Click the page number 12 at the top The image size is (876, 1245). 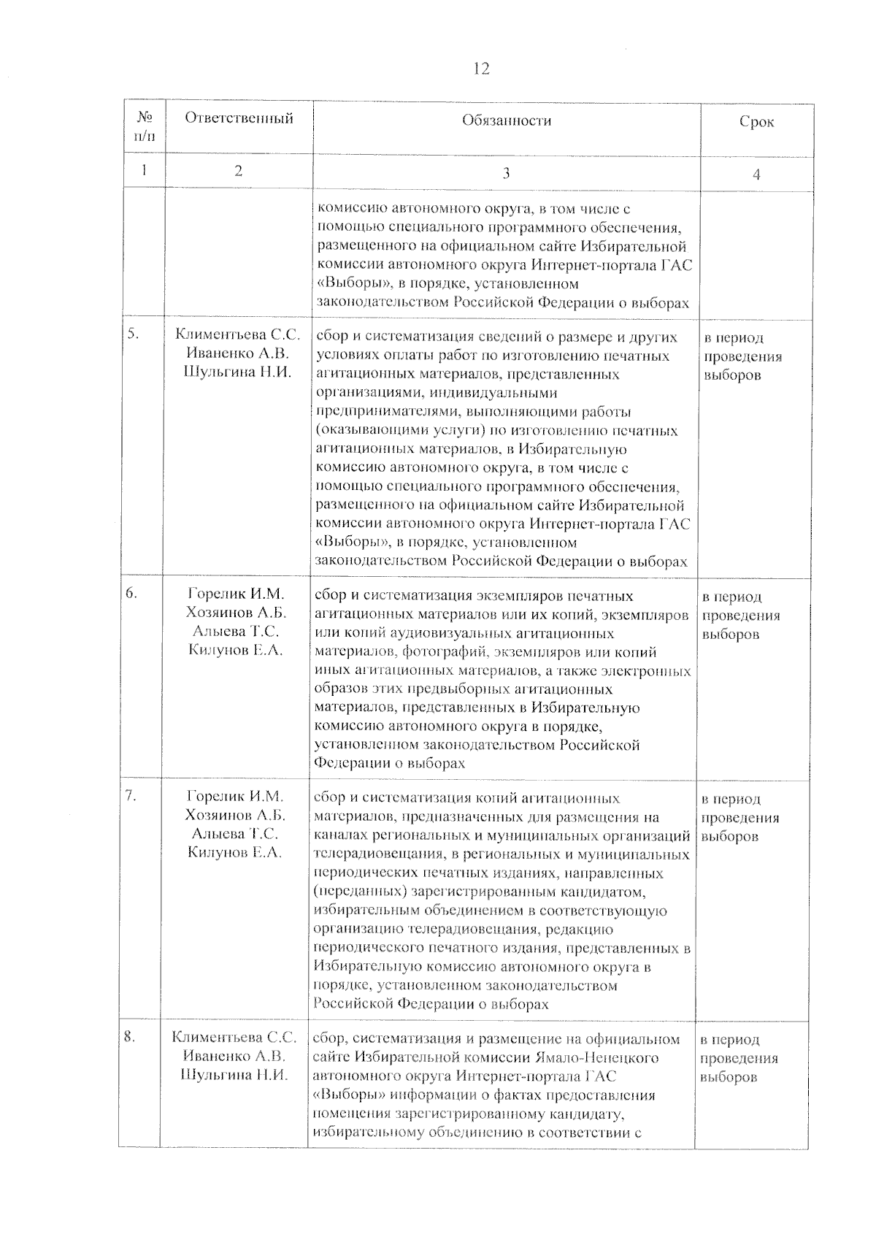[x=480, y=69]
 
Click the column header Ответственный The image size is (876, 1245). [x=239, y=119]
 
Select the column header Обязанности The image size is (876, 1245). [x=506, y=121]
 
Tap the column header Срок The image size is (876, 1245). [x=756, y=123]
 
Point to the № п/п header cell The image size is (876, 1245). [x=144, y=126]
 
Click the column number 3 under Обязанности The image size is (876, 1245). [x=506, y=173]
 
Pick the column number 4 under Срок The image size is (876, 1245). [x=756, y=175]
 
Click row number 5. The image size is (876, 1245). [x=133, y=334]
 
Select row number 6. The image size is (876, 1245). [x=132, y=594]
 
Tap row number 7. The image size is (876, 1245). [x=131, y=797]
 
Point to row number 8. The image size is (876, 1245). [x=130, y=1037]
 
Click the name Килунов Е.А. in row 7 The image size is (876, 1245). [x=234, y=852]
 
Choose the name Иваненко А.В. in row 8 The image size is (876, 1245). [x=234, y=1056]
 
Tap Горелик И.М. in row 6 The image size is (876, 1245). [x=235, y=594]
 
